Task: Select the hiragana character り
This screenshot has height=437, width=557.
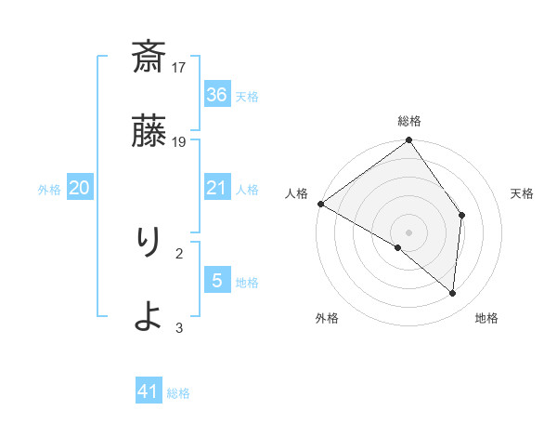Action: [x=149, y=244]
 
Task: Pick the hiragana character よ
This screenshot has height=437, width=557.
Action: [x=149, y=317]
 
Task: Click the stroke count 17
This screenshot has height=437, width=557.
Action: [x=180, y=68]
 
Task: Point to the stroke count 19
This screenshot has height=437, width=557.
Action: [x=180, y=141]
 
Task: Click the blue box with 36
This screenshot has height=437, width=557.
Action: [x=217, y=95]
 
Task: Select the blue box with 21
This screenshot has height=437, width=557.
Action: [x=217, y=188]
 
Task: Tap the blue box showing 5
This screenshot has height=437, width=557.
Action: [x=217, y=280]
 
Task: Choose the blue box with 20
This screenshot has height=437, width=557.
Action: [x=80, y=188]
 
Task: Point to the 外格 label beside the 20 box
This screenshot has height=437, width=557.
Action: [x=49, y=190]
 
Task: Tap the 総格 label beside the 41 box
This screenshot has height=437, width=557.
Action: [x=178, y=393]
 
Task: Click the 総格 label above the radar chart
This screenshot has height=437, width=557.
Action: [x=409, y=121]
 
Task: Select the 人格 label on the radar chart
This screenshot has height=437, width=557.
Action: [x=296, y=193]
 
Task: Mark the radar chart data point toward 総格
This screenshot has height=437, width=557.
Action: [x=408, y=141]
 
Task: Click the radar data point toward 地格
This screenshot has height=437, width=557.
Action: [x=452, y=293]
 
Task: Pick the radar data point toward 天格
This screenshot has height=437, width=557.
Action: [x=461, y=216]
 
